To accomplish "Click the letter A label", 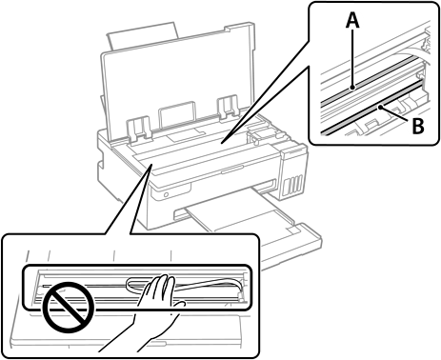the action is click(x=352, y=21).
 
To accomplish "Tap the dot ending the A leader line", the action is click(x=352, y=88).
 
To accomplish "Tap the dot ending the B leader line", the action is click(x=379, y=108).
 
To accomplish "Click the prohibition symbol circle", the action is click(x=69, y=308).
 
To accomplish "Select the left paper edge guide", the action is click(x=139, y=128).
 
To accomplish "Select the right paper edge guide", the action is click(x=228, y=107).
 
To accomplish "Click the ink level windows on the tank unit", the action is click(x=291, y=186).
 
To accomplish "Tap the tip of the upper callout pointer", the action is click(x=222, y=142).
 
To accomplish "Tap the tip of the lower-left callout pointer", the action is click(x=151, y=164).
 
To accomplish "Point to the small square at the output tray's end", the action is click(x=293, y=229).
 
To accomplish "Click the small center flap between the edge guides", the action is click(x=177, y=112).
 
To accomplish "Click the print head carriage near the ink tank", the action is click(x=258, y=133).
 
